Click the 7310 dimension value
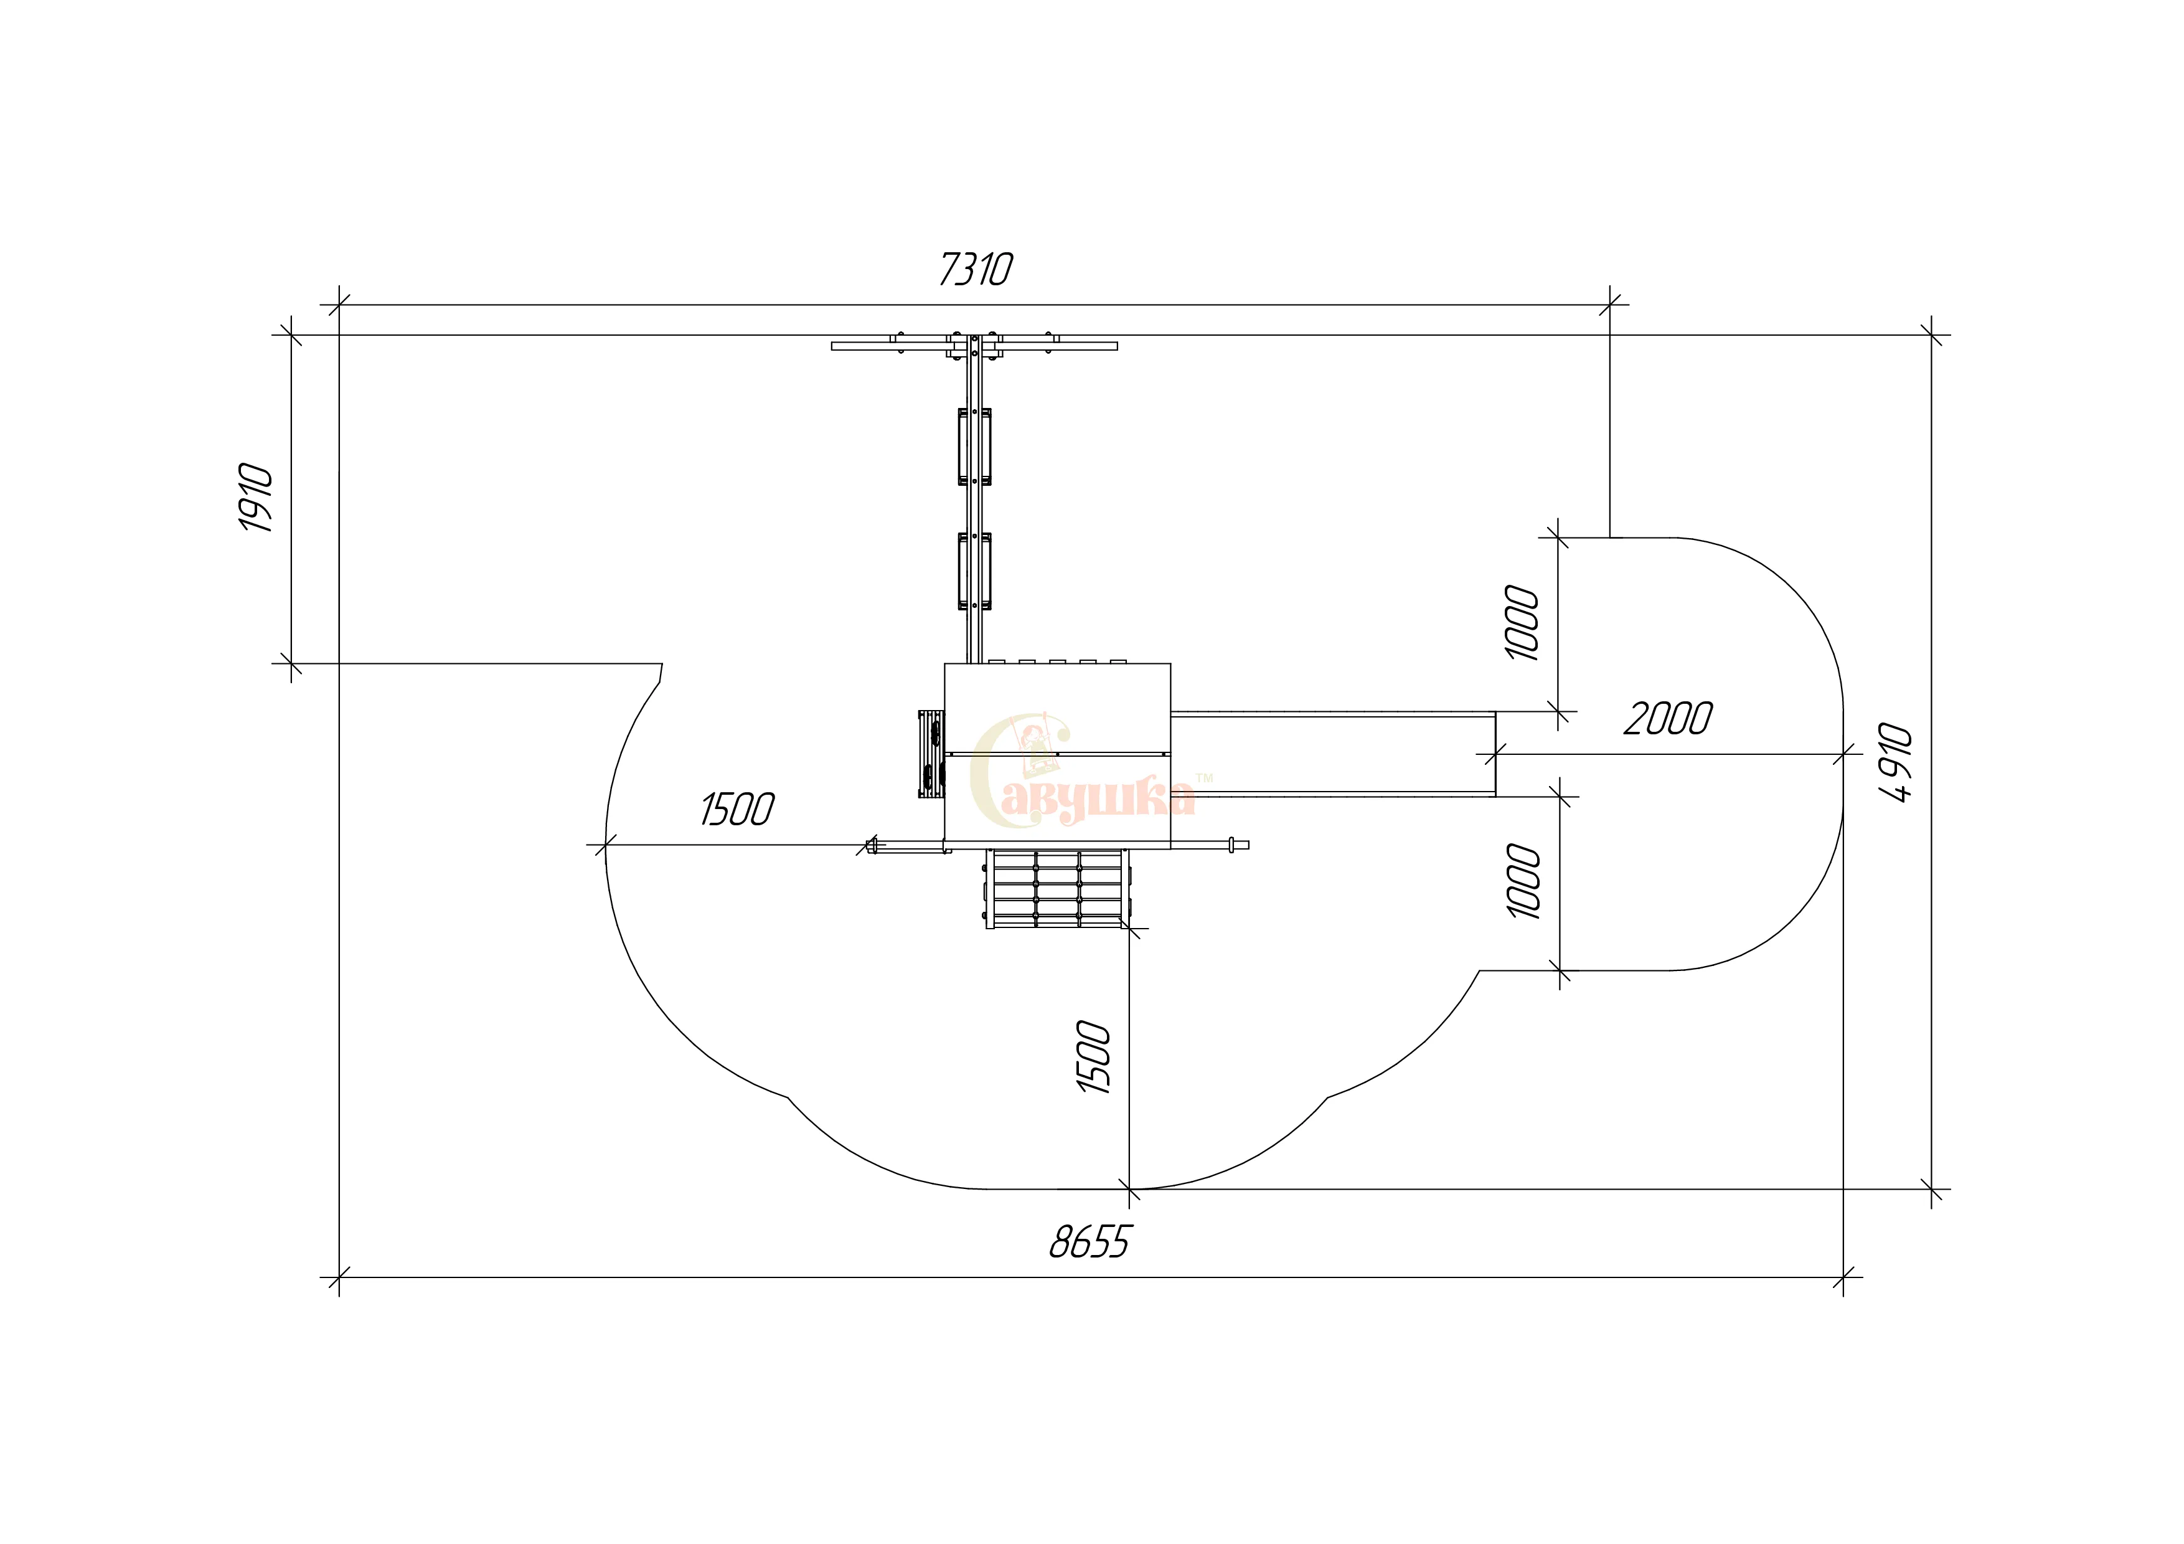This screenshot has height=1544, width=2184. coord(976,268)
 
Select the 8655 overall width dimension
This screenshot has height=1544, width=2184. coord(1090,1241)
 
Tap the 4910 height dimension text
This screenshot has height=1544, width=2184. coord(1896,763)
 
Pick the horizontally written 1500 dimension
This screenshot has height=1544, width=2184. coord(737,810)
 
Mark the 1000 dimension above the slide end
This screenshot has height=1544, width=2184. coord(1522,622)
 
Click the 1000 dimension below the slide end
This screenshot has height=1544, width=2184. coord(1524,881)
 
